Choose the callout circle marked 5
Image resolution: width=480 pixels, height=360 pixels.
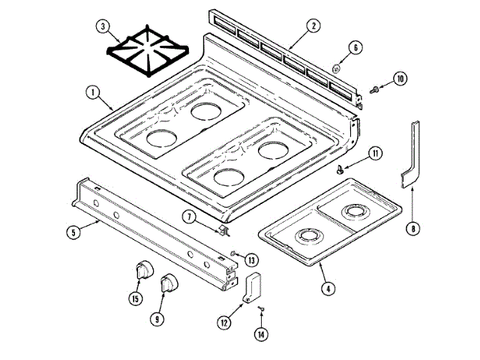(x=73, y=232)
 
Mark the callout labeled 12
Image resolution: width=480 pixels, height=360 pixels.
(x=224, y=322)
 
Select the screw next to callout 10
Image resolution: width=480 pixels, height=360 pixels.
(x=372, y=89)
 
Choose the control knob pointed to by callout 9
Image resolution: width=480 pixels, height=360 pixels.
(x=170, y=283)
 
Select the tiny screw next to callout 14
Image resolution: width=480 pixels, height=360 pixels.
(x=262, y=308)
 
